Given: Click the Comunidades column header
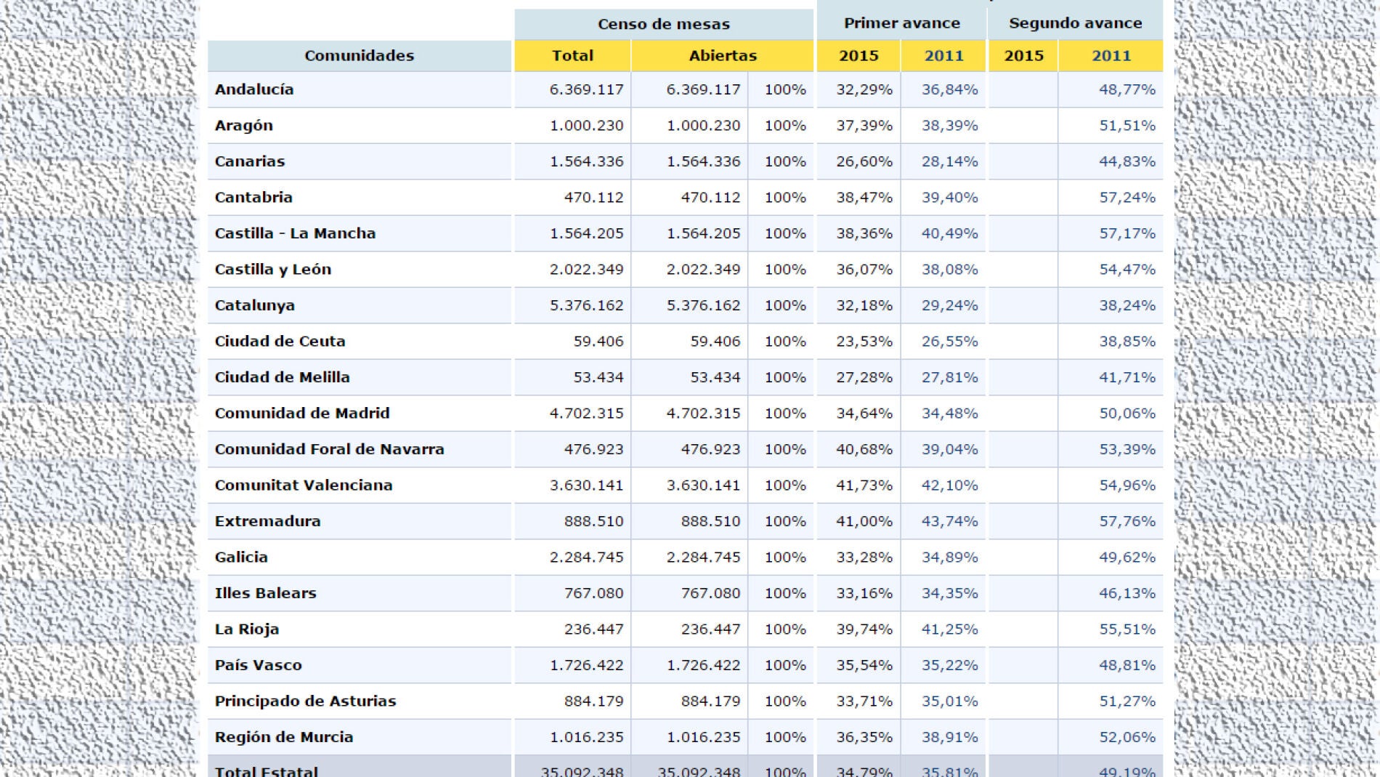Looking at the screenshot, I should (359, 56).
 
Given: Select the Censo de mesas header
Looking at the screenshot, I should (663, 24).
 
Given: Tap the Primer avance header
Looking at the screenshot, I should (901, 23).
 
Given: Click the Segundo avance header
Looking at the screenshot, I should (1075, 23).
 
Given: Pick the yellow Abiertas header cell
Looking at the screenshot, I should (722, 56).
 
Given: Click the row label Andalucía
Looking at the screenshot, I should (254, 89).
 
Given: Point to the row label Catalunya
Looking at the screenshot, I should (254, 305).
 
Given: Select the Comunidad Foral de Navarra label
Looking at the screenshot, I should (329, 449).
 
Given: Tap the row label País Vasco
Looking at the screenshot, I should (258, 665).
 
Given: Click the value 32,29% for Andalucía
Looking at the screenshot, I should (864, 89).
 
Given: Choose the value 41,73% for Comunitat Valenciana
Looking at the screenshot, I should (864, 486).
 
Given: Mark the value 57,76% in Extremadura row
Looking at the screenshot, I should (1127, 521).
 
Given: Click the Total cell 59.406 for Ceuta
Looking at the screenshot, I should (598, 342).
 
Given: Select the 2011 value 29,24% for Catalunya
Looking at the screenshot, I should (949, 305).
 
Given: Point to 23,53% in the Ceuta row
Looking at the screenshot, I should (864, 342).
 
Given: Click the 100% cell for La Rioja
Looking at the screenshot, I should (784, 629).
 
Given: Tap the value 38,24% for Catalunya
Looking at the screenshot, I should (1127, 305).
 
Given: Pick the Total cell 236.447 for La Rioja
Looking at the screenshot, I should (593, 629).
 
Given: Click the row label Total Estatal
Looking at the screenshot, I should (266, 770).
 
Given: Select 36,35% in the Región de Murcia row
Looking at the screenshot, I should (864, 737).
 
